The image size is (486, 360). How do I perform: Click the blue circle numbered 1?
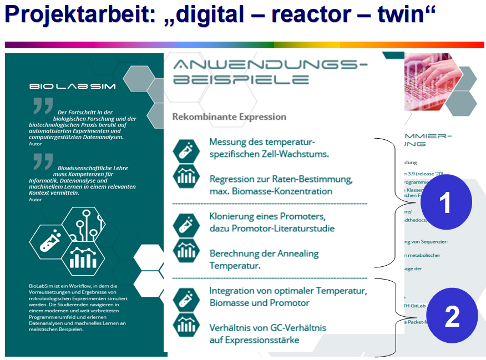coord(446,203)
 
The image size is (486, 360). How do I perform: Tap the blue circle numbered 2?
coord(452,317)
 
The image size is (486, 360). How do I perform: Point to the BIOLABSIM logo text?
coord(54,86)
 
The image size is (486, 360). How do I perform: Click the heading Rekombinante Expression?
coord(229,117)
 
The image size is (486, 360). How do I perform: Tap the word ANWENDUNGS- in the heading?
coord(270,66)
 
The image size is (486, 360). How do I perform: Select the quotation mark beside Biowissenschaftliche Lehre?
coord(43,161)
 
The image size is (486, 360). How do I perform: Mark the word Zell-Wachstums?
coord(297,154)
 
